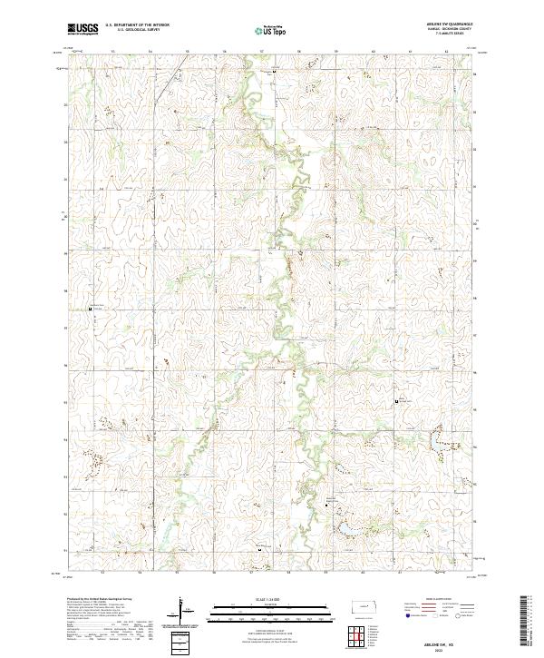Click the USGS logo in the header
click(x=83, y=29)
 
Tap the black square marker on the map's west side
click(x=91, y=309)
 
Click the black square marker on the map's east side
click(x=395, y=400)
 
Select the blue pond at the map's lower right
click(x=346, y=527)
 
